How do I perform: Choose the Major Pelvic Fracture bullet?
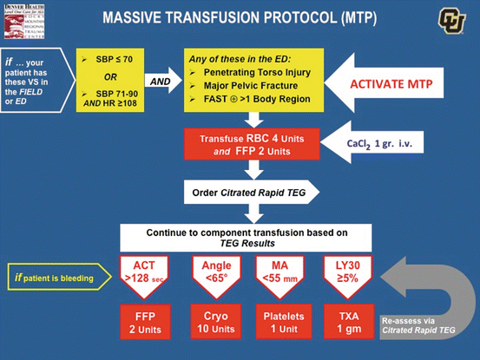[253, 85]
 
